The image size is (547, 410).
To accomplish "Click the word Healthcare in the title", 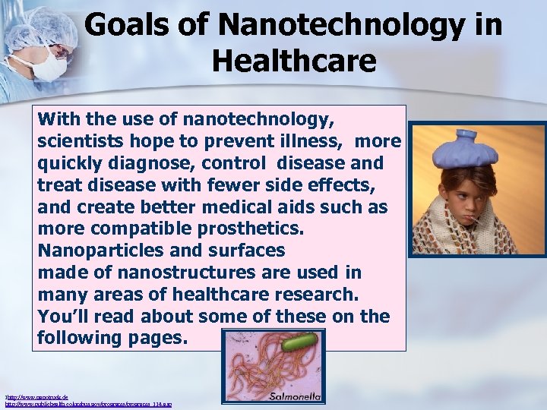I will tap(293, 60).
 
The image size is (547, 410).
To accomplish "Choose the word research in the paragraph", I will tap(318, 294).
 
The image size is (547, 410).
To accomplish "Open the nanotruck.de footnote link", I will tap(30, 396).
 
